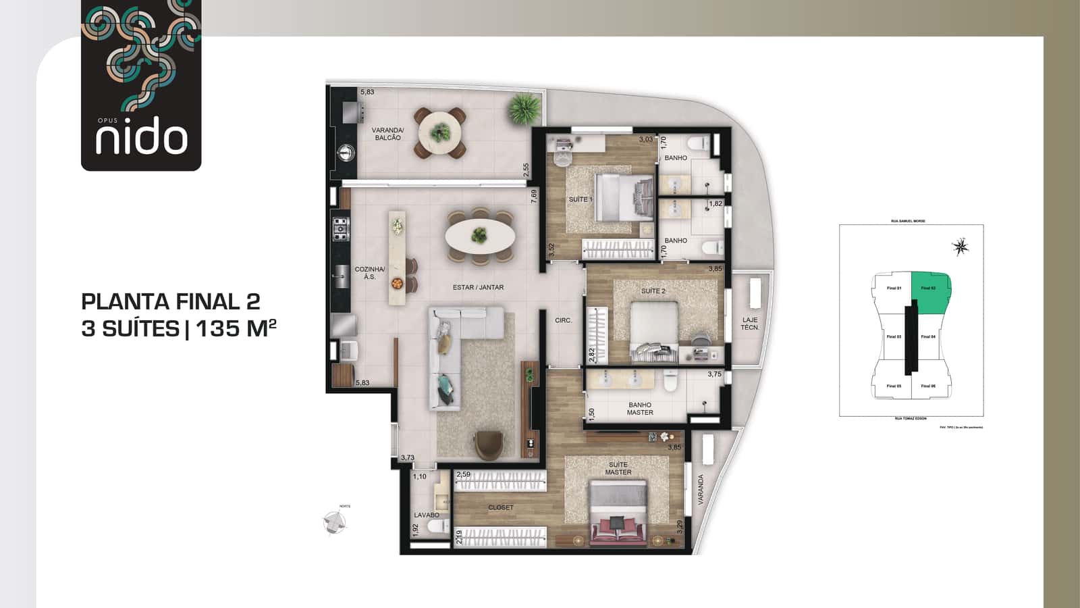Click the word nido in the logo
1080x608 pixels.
141,138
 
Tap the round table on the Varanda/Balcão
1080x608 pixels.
440,132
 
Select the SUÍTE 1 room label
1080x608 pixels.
580,199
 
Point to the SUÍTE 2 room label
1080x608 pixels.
653,291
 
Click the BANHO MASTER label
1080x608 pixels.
639,409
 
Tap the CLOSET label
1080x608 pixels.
500,507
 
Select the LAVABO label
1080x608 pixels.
426,515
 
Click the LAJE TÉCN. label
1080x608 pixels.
749,324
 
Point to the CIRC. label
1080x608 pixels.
563,320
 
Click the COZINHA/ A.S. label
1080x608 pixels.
369,273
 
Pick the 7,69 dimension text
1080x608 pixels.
534,197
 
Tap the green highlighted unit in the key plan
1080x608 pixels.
930,292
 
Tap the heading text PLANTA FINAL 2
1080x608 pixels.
170,301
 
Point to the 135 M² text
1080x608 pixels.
236,328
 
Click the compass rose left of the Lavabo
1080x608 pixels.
335,521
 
